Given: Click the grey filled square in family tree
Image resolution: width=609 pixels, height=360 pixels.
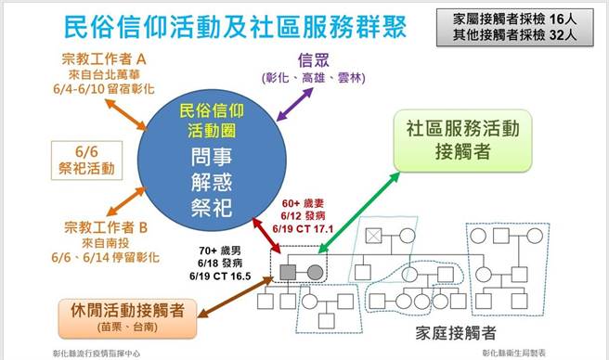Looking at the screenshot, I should pos(288,273).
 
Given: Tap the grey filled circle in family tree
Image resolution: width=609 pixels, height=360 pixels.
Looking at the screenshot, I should pos(314,273).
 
